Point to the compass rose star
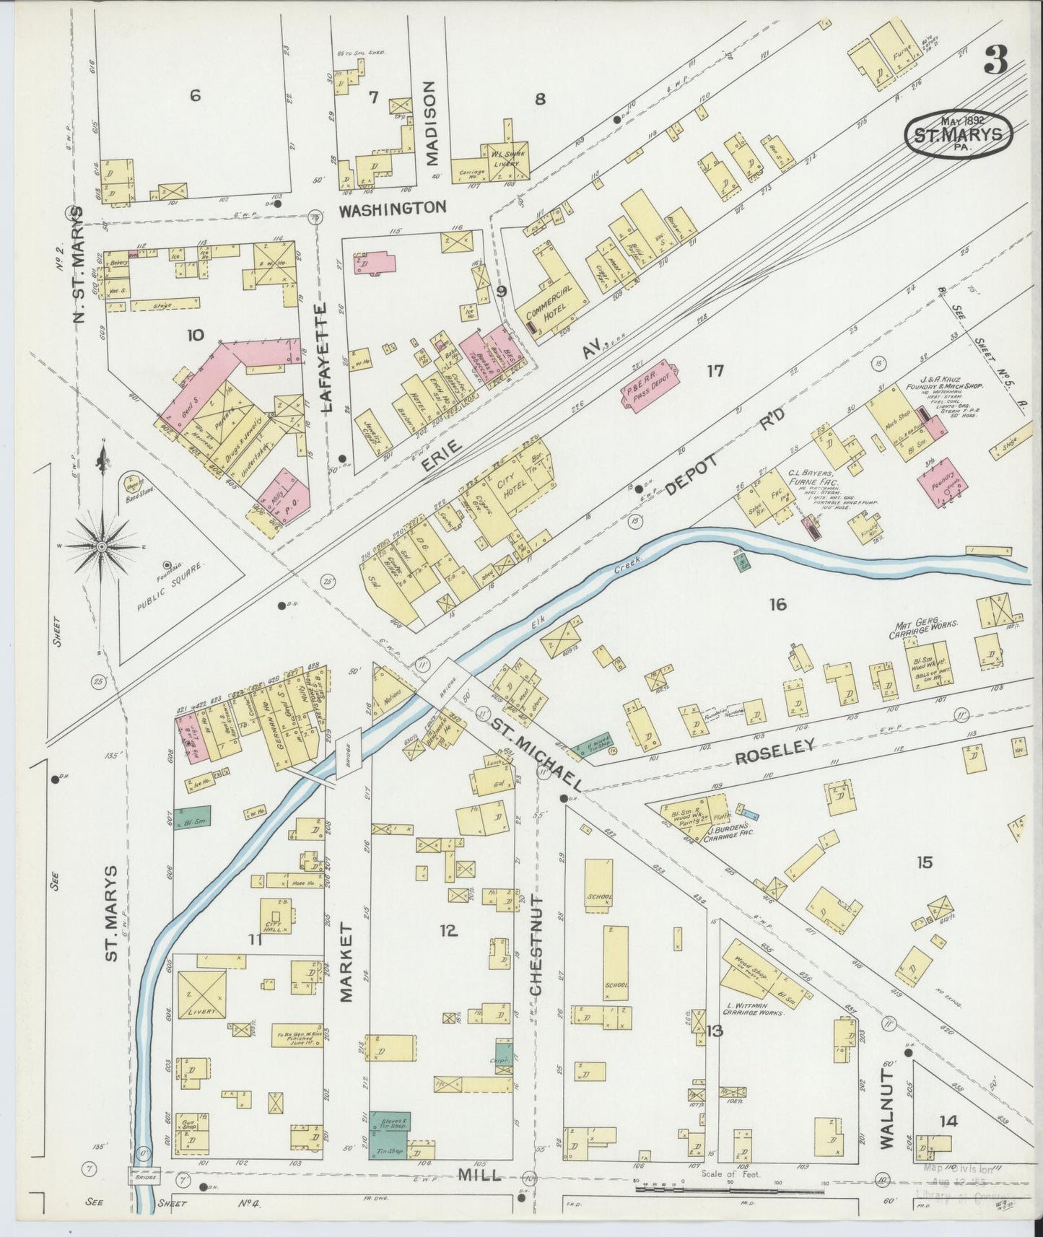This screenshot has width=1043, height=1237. click(x=102, y=546)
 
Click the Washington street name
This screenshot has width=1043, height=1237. click(x=393, y=208)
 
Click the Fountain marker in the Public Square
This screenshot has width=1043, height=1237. click(x=167, y=565)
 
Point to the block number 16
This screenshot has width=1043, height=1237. click(x=777, y=605)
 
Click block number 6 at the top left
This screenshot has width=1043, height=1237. click(x=194, y=95)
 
